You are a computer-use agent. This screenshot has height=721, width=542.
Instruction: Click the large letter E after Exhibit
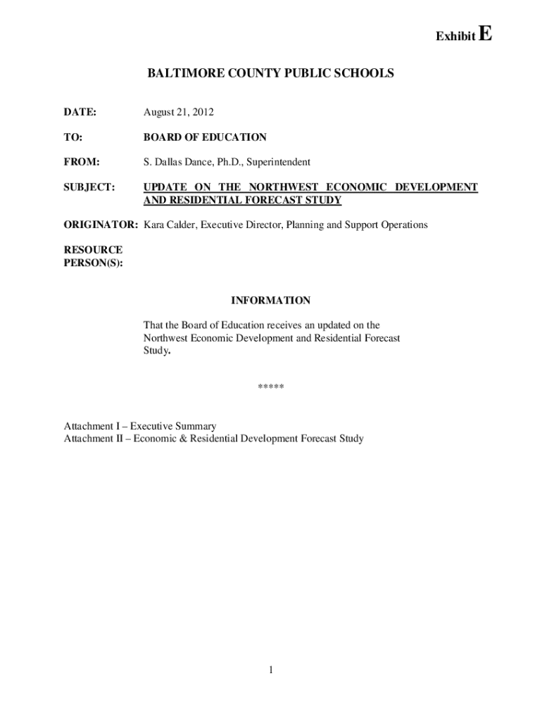[484, 34]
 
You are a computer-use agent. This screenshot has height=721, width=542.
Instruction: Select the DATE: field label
[80, 113]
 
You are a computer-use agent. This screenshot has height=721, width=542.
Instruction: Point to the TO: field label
[73, 137]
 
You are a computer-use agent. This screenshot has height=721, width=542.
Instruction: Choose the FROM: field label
[82, 162]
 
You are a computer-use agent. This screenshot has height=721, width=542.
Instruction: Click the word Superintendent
[279, 162]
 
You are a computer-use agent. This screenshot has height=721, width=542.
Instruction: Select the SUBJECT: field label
[89, 187]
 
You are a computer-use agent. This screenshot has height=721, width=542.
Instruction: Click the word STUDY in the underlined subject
[324, 200]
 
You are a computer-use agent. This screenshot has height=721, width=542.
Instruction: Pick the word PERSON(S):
[93, 263]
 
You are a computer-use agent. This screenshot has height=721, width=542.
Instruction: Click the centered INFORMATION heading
[270, 301]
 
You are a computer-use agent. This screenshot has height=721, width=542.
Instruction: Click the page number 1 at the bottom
[270, 670]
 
